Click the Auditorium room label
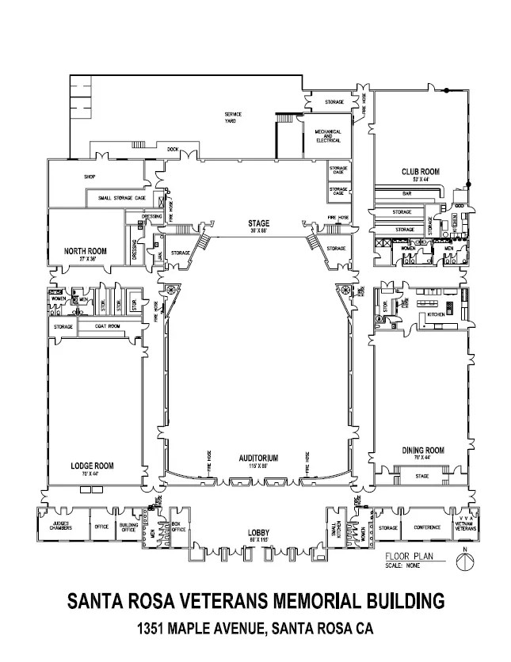(256, 458)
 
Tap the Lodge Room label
(88, 466)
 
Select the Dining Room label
(422, 450)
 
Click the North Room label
(85, 251)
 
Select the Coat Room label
(108, 325)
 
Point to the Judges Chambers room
(62, 525)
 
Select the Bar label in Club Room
(407, 192)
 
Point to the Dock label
(173, 148)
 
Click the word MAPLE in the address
(190, 630)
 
